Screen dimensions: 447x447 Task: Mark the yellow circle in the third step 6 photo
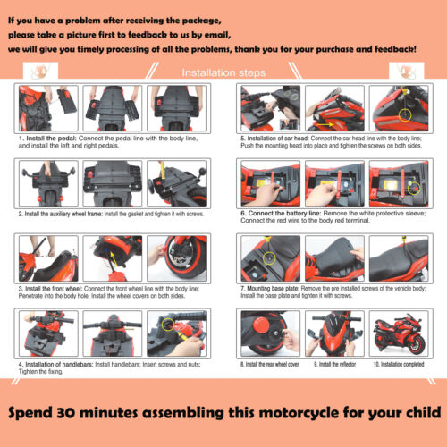pos(412,187)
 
